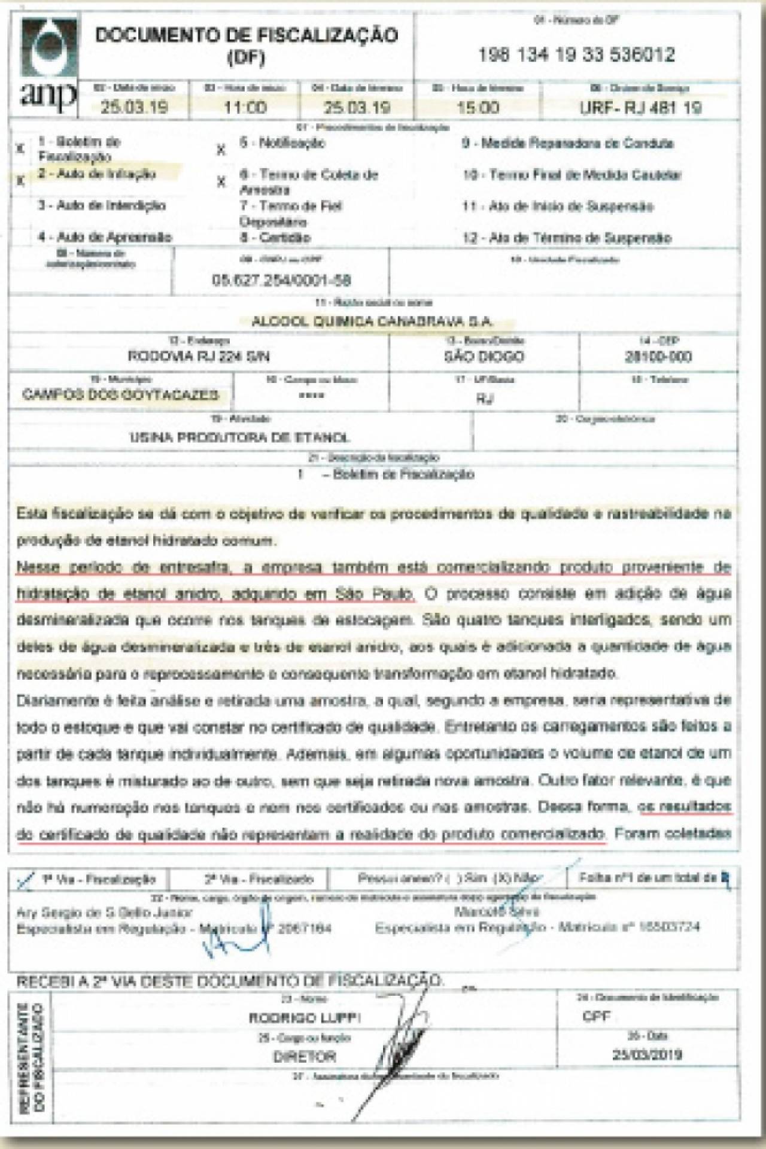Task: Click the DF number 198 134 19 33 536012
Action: click(x=576, y=56)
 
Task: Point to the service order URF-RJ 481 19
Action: click(x=640, y=108)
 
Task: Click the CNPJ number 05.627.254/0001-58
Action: click(x=281, y=280)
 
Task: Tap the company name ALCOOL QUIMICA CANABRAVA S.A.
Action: click(x=372, y=321)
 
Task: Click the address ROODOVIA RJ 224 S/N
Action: click(x=199, y=357)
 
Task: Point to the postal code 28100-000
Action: click(x=658, y=357)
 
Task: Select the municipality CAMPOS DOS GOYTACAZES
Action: click(x=120, y=395)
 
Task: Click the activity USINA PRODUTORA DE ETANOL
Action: click(x=239, y=437)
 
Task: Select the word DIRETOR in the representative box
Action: click(x=305, y=1057)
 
